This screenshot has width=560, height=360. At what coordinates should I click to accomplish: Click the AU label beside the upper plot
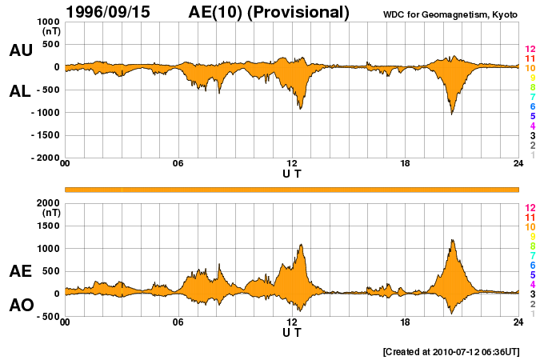[20, 50]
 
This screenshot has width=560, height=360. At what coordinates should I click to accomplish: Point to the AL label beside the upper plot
[20, 91]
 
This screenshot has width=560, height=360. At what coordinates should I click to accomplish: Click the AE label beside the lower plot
[20, 271]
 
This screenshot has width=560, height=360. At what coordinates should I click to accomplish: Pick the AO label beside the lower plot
[20, 306]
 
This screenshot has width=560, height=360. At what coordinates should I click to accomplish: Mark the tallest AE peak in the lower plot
[453, 239]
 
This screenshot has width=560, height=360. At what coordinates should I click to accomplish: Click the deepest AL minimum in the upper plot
[452, 114]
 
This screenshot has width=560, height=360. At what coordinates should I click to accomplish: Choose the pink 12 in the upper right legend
[530, 49]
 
